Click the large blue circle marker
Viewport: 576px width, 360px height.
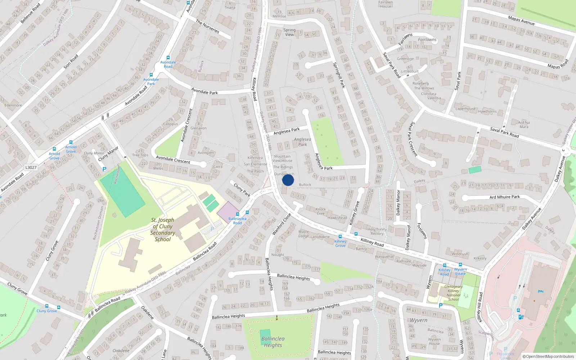coord(288,180)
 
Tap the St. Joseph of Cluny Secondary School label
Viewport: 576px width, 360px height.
coord(163,229)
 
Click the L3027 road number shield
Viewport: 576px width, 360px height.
coord(31,167)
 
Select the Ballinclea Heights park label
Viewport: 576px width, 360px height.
coord(273,342)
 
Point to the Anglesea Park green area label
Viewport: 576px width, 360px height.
coord(302,142)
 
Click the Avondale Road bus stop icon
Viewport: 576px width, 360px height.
coord(168,58)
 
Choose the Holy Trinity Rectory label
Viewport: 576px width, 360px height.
coord(377,231)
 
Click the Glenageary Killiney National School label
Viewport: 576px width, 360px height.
coord(453,293)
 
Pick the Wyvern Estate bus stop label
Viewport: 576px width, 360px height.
coord(460,271)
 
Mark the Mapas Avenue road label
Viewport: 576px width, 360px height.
coord(521,21)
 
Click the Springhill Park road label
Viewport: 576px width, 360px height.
coord(339,75)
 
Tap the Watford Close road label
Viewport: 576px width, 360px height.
coord(282,224)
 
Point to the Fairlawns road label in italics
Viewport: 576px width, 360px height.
coord(427,40)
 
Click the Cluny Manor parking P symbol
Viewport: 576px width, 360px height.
coord(104,169)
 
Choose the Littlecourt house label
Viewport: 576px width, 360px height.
coord(410,71)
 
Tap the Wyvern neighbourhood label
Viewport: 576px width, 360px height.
coord(418,320)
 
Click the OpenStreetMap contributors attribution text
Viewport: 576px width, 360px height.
coord(548,357)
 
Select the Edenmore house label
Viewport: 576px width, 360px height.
coord(13,105)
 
